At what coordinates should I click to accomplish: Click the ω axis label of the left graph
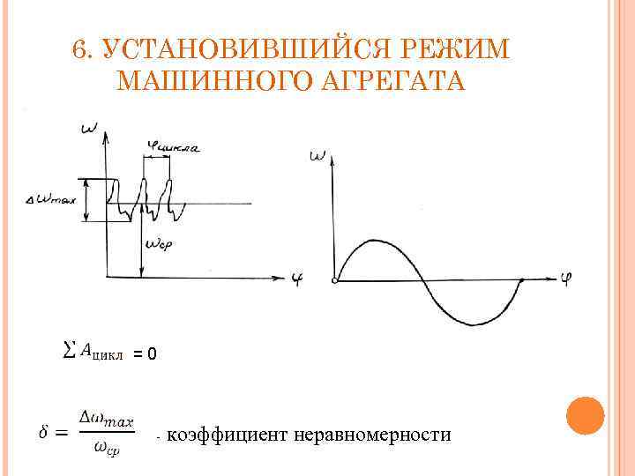pyautogui.click(x=89, y=130)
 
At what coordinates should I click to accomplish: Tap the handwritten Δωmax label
pyautogui.click(x=53, y=200)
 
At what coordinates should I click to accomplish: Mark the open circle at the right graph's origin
pyautogui.click(x=334, y=281)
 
